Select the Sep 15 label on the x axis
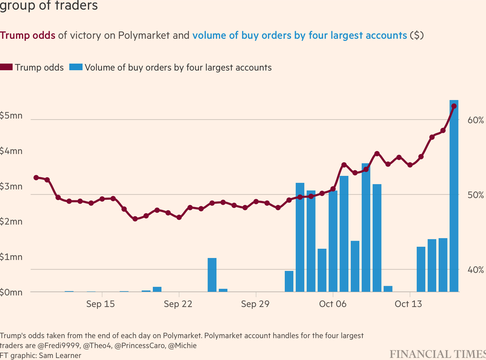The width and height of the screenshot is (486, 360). click(100, 304)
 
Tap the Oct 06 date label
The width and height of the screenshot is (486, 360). click(333, 304)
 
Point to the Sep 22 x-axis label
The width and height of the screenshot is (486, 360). click(178, 304)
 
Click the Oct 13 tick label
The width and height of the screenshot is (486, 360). click(408, 304)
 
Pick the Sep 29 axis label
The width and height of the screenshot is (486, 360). click(255, 304)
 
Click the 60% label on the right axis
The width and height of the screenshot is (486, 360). click(476, 120)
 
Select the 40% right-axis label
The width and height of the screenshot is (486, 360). click(476, 270)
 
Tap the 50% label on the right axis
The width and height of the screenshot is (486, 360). click(476, 195)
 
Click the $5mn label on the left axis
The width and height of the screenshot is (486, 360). click(11, 116)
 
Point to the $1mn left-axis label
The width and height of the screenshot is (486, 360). click(11, 257)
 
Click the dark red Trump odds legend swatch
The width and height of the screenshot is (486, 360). click(6, 67)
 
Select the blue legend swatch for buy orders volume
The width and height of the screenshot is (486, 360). click(76, 67)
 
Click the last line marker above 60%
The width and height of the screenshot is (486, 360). click(454, 106)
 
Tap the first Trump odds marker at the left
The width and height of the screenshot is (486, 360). click(36, 178)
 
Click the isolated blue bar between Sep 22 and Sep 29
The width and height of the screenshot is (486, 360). click(212, 275)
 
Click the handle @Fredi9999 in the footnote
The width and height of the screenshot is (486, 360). click(59, 345)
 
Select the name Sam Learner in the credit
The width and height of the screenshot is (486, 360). click(60, 355)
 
